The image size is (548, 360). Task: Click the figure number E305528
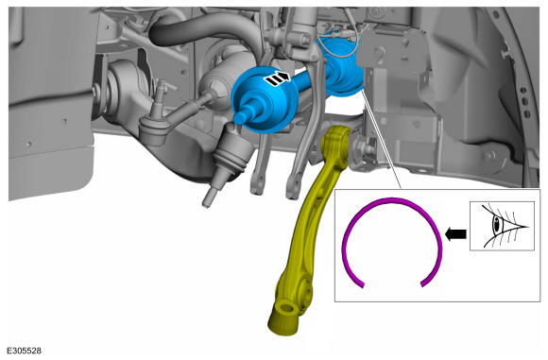pos(25,351)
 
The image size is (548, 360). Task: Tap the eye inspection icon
pos(502,226)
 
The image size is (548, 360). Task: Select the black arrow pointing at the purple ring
pos(455,233)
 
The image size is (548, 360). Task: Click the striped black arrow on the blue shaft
pos(277,78)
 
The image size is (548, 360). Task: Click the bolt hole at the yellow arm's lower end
pos(287,309)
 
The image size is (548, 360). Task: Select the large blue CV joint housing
pos(265,99)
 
